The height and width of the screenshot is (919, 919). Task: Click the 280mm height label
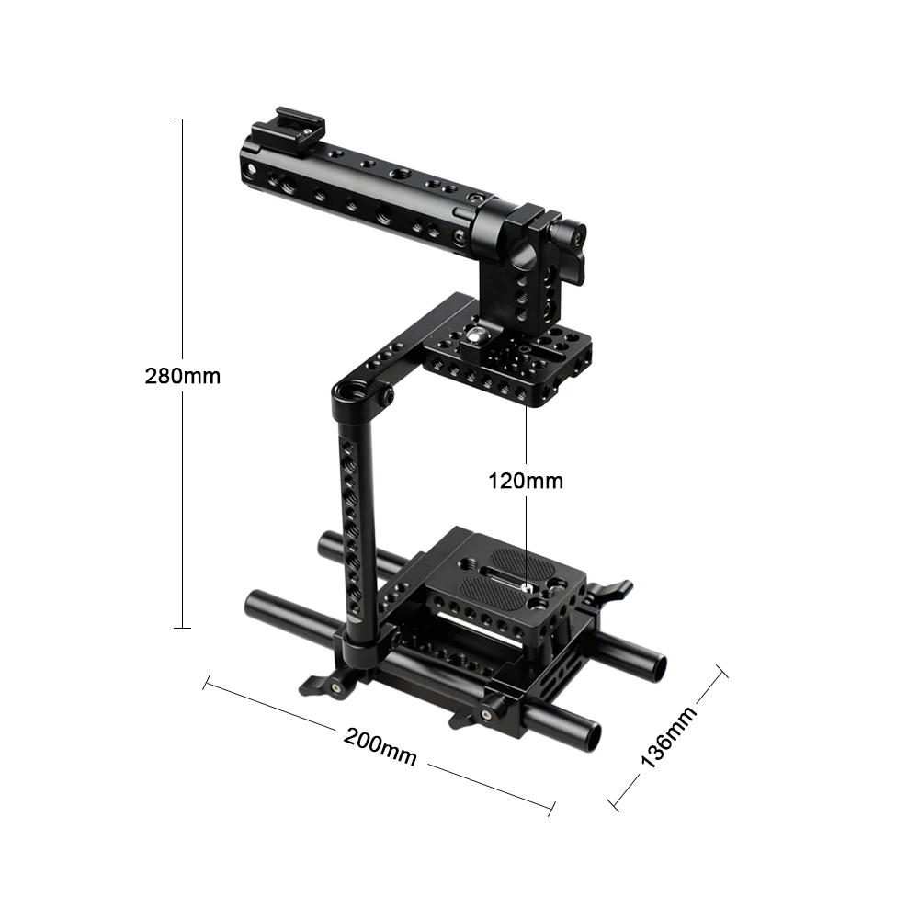pyautogui.click(x=182, y=376)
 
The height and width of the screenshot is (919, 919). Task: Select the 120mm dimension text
pyautogui.click(x=526, y=480)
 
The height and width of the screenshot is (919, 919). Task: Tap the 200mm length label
pyautogui.click(x=380, y=746)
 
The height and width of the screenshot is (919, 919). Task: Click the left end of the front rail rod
pyautogui.click(x=256, y=607)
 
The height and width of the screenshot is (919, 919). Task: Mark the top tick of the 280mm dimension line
pyautogui.click(x=182, y=119)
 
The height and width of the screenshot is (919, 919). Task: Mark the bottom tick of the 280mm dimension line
pyautogui.click(x=182, y=628)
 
